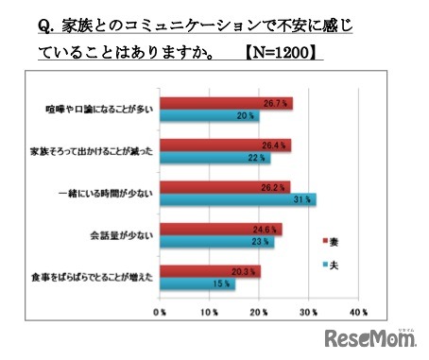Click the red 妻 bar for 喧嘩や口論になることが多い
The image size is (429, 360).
tap(227, 102)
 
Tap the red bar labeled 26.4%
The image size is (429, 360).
tap(226, 145)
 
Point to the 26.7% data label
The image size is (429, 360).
tap(274, 103)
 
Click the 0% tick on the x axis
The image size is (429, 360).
tap(163, 310)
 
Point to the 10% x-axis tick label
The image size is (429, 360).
tap(211, 310)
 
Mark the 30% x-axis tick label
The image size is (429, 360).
tap(308, 310)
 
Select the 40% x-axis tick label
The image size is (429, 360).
tap(357, 310)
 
